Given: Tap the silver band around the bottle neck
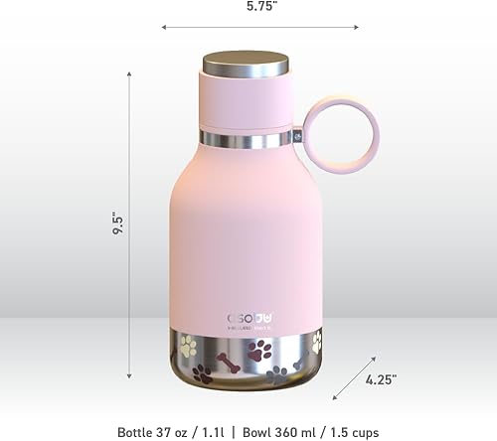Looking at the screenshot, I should [247, 138].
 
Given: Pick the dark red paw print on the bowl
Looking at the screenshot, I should [260, 351].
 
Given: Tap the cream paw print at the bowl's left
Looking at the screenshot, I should [188, 346].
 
